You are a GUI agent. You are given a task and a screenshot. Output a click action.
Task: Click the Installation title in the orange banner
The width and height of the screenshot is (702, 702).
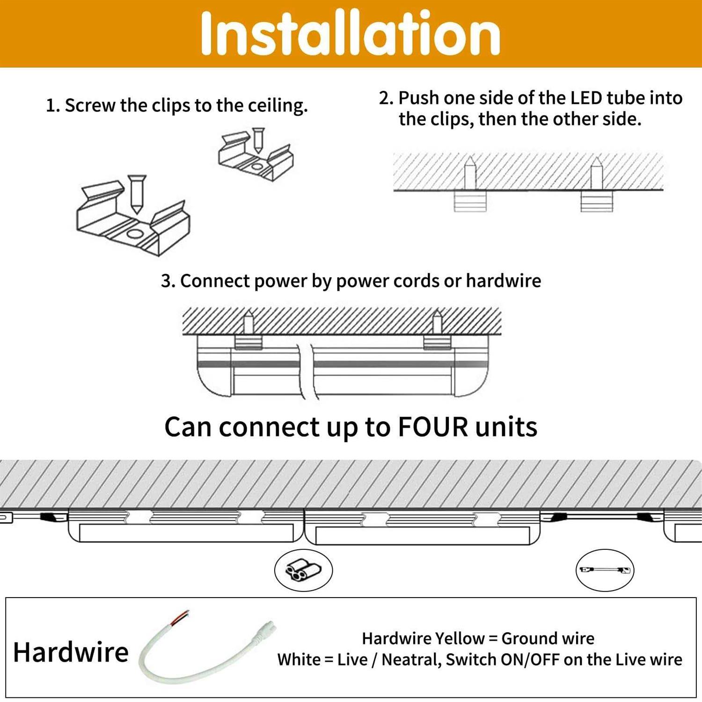[350, 34]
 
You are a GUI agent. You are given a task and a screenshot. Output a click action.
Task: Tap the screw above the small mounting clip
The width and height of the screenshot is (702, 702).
[257, 139]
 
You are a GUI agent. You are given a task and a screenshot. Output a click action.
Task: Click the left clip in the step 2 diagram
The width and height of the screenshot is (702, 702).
[470, 201]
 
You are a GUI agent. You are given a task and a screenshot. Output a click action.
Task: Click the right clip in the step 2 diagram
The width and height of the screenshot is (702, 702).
[597, 201]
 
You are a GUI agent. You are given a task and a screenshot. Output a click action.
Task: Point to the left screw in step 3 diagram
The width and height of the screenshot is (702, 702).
[249, 322]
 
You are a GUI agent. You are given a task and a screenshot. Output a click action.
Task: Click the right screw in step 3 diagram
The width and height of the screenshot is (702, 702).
[437, 322]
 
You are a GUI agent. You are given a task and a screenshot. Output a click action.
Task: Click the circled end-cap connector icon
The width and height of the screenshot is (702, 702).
[303, 570]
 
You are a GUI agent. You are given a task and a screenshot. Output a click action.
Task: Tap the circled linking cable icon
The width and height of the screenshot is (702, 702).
[605, 570]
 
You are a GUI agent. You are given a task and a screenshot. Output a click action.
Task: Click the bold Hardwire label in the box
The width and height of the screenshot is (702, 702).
[71, 652]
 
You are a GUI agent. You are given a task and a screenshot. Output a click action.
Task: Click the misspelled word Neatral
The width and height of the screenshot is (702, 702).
[411, 659]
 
